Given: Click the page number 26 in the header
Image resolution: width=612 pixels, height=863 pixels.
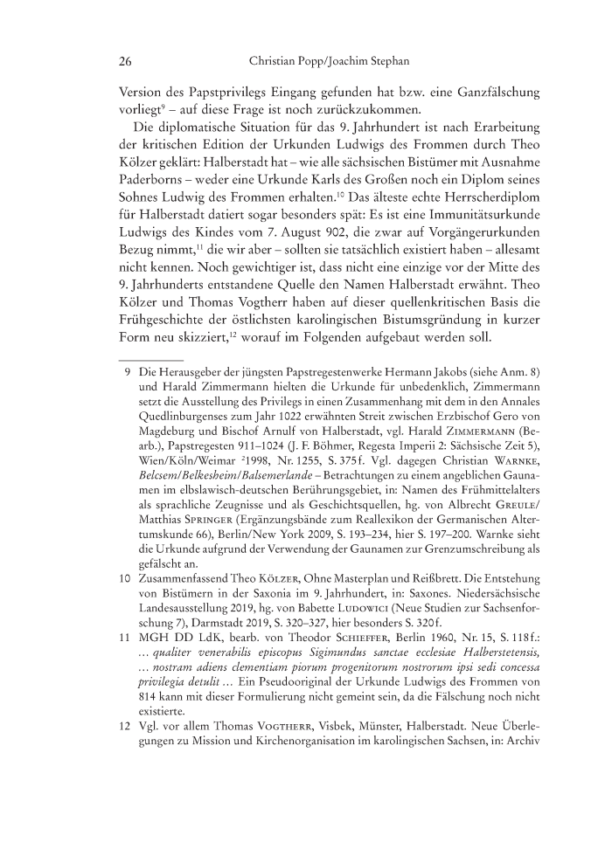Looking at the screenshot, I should click(x=123, y=62).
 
